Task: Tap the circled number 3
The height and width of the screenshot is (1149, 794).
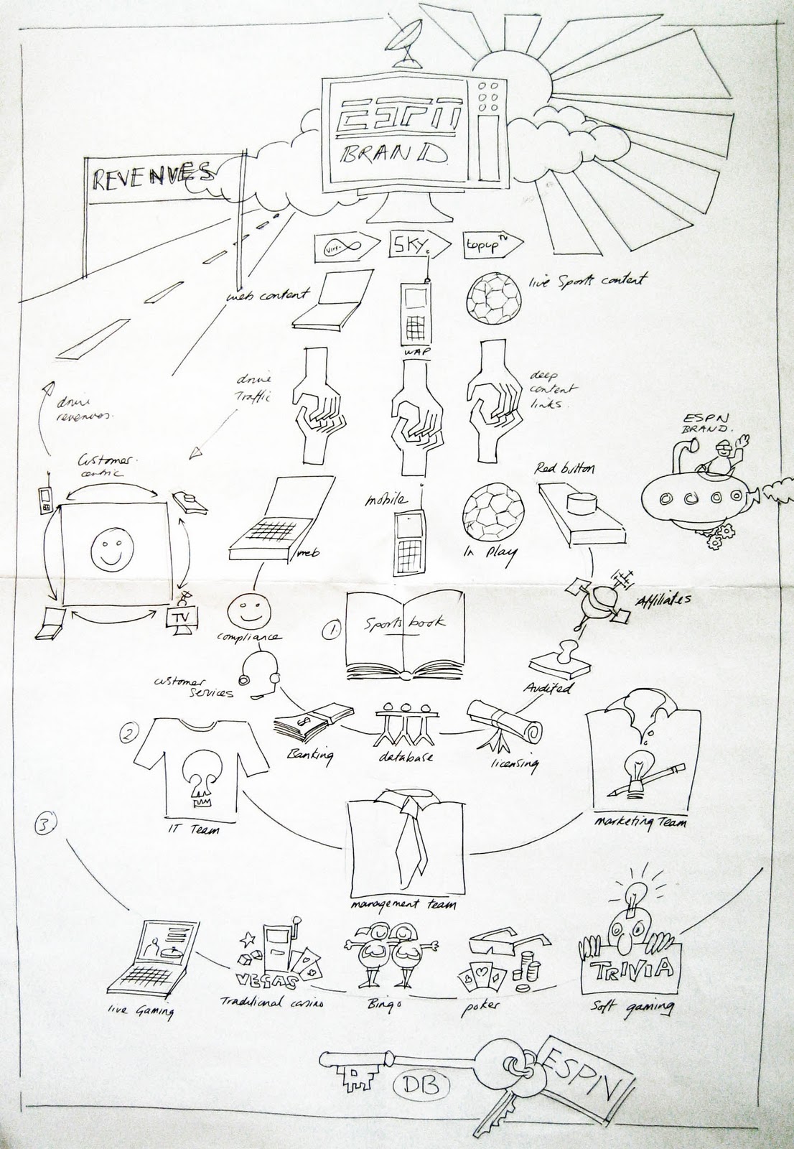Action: click(x=44, y=825)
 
